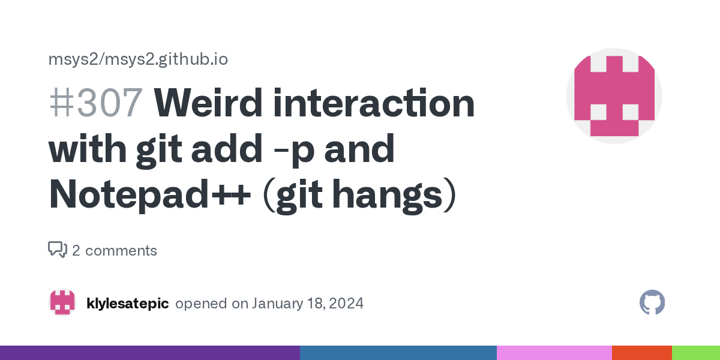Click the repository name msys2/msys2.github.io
pyautogui.click(x=137, y=59)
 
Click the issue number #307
pyautogui.click(x=95, y=103)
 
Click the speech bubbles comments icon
pyautogui.click(x=58, y=250)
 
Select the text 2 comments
pyautogui.click(x=115, y=251)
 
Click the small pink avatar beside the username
pyautogui.click(x=62, y=303)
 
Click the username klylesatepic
pyautogui.click(x=128, y=304)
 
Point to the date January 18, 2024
pyautogui.click(x=307, y=304)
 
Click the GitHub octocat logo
pyautogui.click(x=652, y=303)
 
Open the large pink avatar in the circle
pyautogui.click(x=614, y=96)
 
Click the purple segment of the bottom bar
pyautogui.click(x=150, y=353)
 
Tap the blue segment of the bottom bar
pyautogui.click(x=398, y=353)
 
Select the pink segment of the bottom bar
pyautogui.click(x=554, y=353)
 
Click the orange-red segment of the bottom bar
pyautogui.click(x=642, y=353)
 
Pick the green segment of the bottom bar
pyautogui.click(x=696, y=353)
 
